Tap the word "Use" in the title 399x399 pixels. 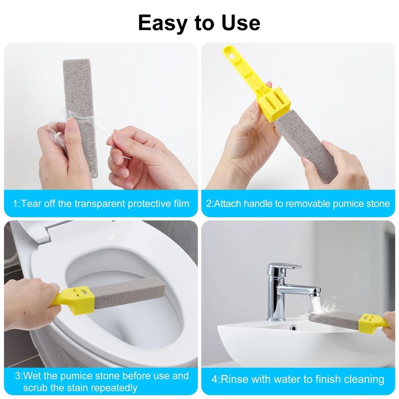(238, 23)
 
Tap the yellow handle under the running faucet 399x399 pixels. (373, 322)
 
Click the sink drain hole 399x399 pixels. (293, 328)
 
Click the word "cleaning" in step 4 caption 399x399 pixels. (361, 379)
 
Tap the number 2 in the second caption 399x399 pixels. (209, 204)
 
